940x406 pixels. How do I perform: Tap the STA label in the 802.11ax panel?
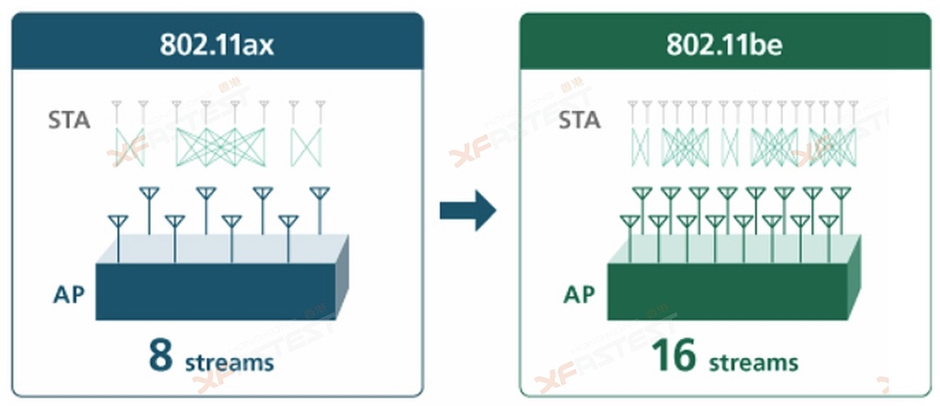[x=69, y=119]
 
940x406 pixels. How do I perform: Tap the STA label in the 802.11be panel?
[x=579, y=119]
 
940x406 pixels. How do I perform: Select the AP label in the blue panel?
[x=71, y=296]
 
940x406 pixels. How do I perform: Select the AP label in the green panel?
[x=578, y=295]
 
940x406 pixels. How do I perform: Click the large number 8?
[x=162, y=356]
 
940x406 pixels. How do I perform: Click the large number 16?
[x=675, y=356]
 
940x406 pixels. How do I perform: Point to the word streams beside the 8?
[x=229, y=362]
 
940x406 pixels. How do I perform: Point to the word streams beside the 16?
[x=753, y=362]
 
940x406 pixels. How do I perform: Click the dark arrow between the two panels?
[x=467, y=212]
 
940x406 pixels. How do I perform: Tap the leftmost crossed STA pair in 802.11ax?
[x=129, y=145]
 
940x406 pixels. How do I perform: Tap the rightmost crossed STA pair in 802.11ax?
[x=306, y=145]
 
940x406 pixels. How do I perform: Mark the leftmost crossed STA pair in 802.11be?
[x=640, y=145]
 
